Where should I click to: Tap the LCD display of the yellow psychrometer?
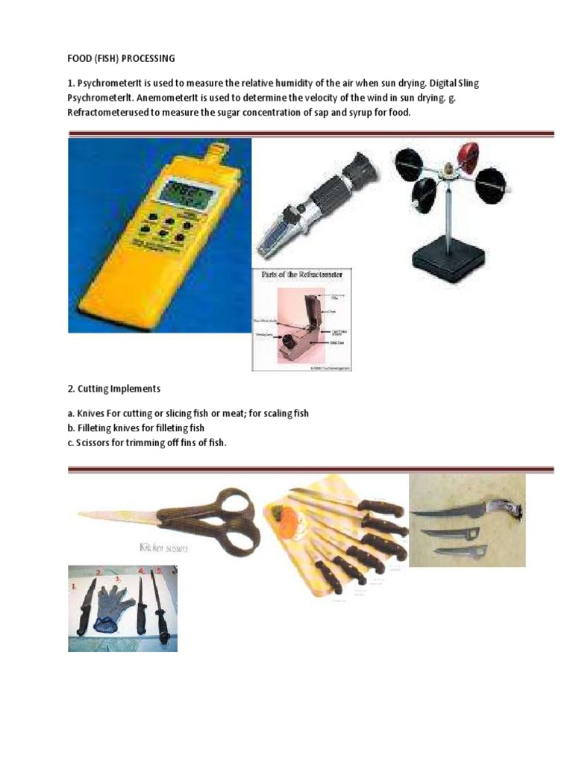[x=187, y=195]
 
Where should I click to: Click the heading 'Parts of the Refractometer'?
[x=302, y=275]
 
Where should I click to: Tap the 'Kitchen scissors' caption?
[x=163, y=548]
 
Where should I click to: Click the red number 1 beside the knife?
[x=73, y=587]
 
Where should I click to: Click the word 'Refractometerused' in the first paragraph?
[x=113, y=112]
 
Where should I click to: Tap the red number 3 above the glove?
[x=117, y=578]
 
